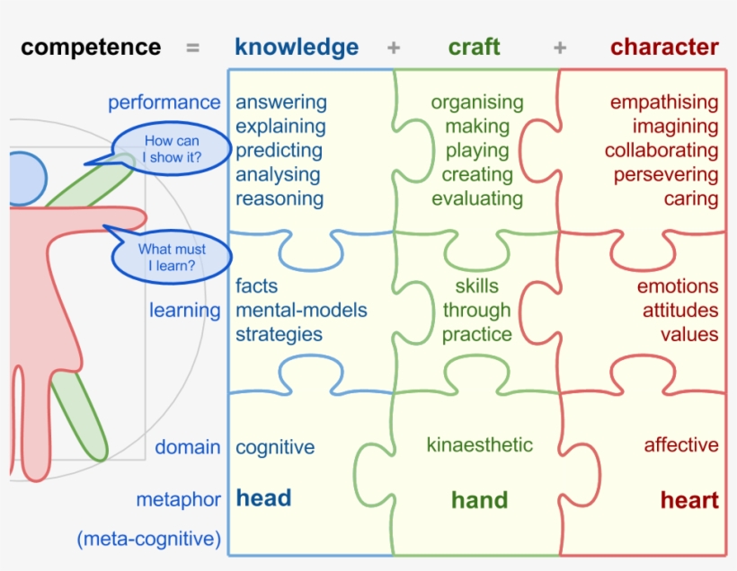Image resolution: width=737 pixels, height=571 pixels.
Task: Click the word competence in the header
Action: pos(91,48)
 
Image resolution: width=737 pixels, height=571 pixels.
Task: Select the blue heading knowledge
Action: pos(297,48)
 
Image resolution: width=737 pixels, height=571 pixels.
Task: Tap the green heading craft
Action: pos(474,48)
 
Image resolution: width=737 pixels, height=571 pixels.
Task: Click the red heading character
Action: pos(664,48)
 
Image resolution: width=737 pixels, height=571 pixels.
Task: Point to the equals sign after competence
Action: pos(192,48)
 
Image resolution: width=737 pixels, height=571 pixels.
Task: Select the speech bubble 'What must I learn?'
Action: pos(171,257)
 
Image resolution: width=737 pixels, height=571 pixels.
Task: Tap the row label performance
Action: pos(164,102)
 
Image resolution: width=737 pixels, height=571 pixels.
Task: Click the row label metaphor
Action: pos(178,499)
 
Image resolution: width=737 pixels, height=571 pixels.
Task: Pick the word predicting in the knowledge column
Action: pos(279,151)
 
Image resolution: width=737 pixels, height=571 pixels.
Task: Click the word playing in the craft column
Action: pos(477,151)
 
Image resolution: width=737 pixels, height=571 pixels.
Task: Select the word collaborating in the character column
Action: pos(662,151)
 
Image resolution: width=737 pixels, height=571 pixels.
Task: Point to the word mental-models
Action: pos(301,311)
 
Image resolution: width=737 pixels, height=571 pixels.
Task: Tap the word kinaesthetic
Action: pos(479,444)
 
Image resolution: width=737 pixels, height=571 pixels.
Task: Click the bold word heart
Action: pos(689,500)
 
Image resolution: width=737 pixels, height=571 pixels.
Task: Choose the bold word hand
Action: pos(479,500)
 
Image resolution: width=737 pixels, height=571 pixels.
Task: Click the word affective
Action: pos(681,445)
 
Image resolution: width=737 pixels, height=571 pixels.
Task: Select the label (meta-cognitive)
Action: pos(148,540)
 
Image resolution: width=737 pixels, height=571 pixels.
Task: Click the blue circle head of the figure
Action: pos(23,176)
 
